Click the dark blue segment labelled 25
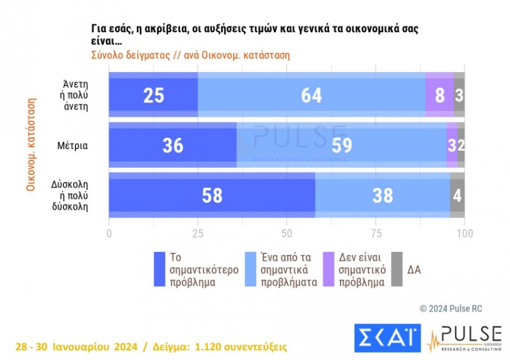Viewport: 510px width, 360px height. pos(153,95)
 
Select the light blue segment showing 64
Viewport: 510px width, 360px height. pos(311,95)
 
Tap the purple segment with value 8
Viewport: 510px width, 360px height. pos(439,95)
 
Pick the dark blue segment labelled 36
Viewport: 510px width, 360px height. pos(172,145)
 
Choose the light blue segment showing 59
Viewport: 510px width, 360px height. pos(341,145)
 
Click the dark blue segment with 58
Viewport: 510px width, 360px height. pos(212,196)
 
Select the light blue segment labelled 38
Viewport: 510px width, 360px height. pos(382,196)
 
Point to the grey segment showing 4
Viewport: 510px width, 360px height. pos(457,196)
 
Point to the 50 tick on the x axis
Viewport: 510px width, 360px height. pos(287,232)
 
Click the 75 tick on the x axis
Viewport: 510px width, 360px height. pos(376,232)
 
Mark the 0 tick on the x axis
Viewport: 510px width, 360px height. pos(109,232)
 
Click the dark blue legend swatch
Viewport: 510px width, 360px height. pos(159,269)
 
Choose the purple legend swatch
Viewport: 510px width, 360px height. pos(327,269)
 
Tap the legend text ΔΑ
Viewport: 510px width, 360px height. pos(414,269)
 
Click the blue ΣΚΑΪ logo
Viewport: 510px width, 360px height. pos(388,338)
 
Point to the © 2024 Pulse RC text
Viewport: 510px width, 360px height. pos(450,308)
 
